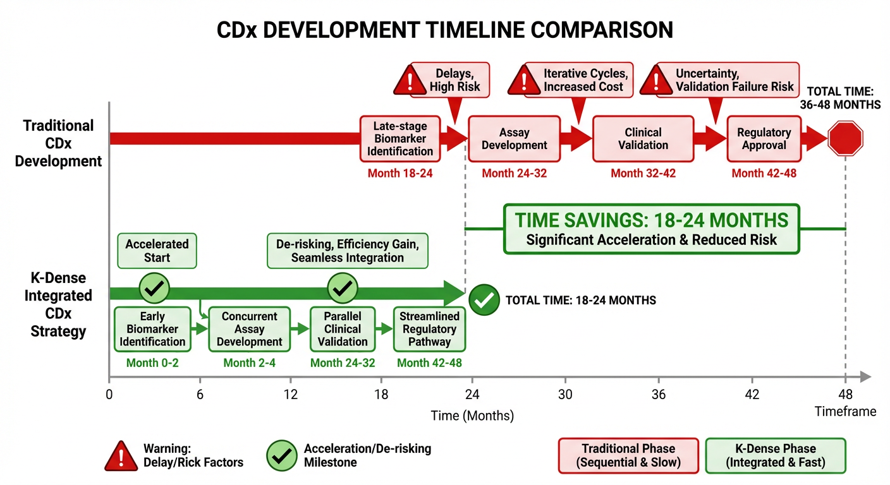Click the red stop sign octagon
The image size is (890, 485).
click(845, 139)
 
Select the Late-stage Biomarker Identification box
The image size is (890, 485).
click(400, 139)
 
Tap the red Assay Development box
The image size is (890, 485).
click(515, 139)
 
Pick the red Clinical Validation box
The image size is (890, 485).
click(643, 139)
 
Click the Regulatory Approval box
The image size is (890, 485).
click(764, 139)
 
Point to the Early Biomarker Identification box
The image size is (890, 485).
click(152, 329)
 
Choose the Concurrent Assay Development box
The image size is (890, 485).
click(250, 329)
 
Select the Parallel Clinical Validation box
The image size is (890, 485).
click(342, 329)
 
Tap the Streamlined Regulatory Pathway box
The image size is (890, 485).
click(429, 329)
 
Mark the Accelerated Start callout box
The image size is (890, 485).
click(157, 251)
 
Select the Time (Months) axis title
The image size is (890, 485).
click(472, 416)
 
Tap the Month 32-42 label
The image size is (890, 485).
click(643, 172)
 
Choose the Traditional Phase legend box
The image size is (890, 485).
click(628, 455)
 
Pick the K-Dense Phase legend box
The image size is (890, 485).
click(775, 455)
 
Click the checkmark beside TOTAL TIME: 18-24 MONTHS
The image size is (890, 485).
click(484, 300)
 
